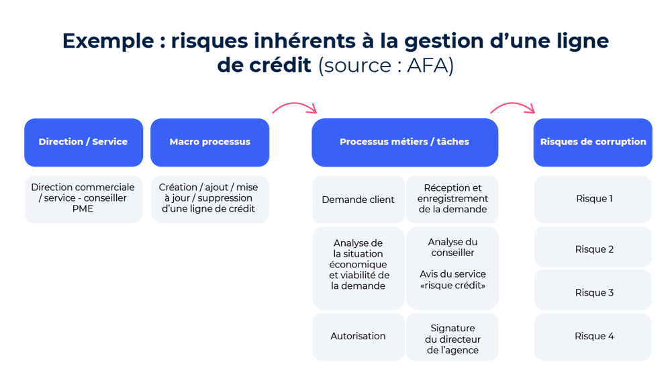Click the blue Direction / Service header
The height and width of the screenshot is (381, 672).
(83, 142)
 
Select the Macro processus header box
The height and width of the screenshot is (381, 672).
(209, 142)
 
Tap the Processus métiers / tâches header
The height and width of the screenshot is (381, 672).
(404, 142)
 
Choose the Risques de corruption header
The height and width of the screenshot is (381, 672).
(593, 142)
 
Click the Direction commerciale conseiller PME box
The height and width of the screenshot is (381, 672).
(83, 198)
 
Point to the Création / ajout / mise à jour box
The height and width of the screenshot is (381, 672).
(209, 198)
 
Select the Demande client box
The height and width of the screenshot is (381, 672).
(358, 200)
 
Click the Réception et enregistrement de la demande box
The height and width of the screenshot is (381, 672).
(452, 199)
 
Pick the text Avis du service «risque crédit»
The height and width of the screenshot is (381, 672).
(452, 280)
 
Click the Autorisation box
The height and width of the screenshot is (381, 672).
(358, 336)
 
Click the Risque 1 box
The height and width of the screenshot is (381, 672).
(593, 199)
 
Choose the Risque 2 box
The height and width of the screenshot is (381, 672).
(593, 249)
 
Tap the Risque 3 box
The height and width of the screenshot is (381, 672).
(593, 292)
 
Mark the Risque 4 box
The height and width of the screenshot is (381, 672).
(593, 336)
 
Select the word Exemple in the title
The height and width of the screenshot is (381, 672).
(107, 42)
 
